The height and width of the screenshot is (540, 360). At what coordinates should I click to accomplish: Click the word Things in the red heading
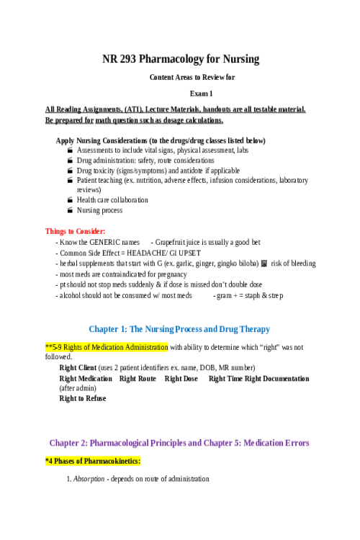coord(55,231)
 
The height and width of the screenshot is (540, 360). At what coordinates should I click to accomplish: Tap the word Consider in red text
coord(90,231)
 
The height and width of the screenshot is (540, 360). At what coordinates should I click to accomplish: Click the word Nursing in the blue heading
coord(158,329)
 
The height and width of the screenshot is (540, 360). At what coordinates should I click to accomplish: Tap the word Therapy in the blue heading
coord(255,329)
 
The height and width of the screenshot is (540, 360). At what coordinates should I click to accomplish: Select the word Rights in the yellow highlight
coord(73,347)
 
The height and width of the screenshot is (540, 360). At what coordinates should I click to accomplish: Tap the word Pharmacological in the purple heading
coord(122,443)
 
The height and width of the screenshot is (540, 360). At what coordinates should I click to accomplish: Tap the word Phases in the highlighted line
coord(65,461)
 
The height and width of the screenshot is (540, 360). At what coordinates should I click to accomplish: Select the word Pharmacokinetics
coord(112,461)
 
